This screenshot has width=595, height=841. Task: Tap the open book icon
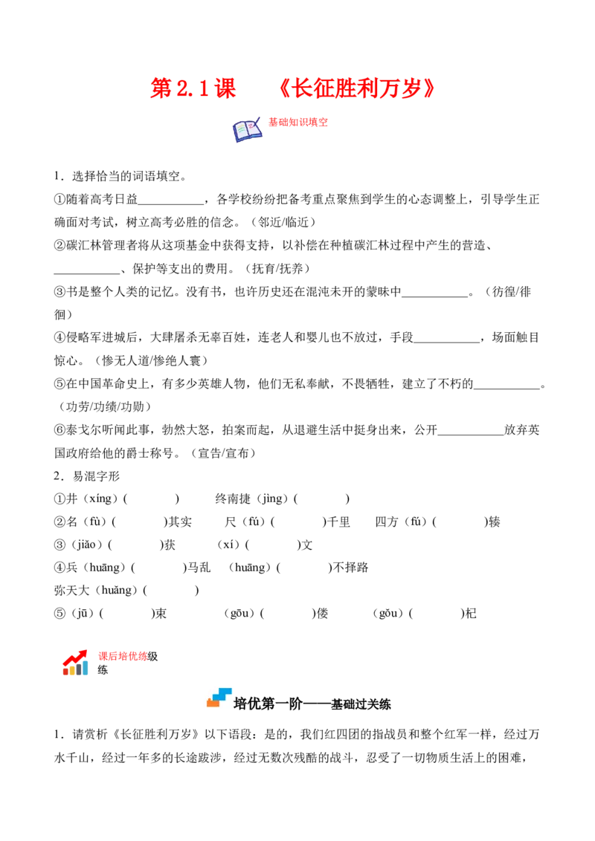pyautogui.click(x=247, y=129)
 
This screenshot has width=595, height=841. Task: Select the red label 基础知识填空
pyautogui.click(x=298, y=123)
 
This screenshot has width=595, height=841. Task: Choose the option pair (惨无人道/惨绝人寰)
pyautogui.click(x=152, y=361)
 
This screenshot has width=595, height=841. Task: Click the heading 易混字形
pyautogui.click(x=96, y=476)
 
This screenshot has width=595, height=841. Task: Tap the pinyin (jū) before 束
pyautogui.click(x=83, y=614)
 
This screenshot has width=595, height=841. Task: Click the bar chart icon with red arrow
pyautogui.click(x=76, y=663)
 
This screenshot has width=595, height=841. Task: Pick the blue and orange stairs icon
pyautogui.click(x=219, y=698)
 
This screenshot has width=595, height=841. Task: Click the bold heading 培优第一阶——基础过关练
pyautogui.click(x=312, y=704)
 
